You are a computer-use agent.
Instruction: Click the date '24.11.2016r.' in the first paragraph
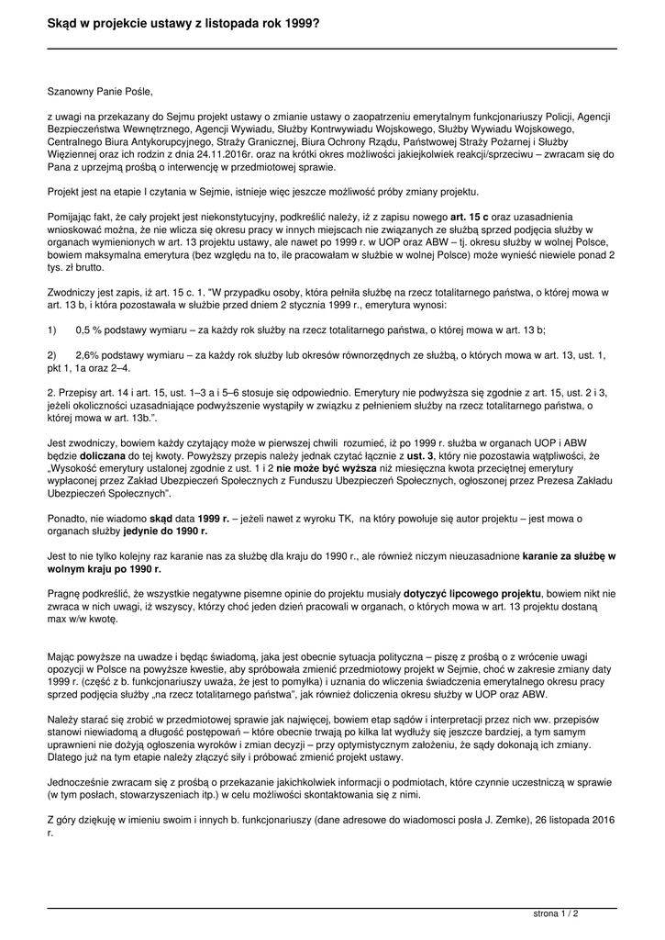(238, 155)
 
